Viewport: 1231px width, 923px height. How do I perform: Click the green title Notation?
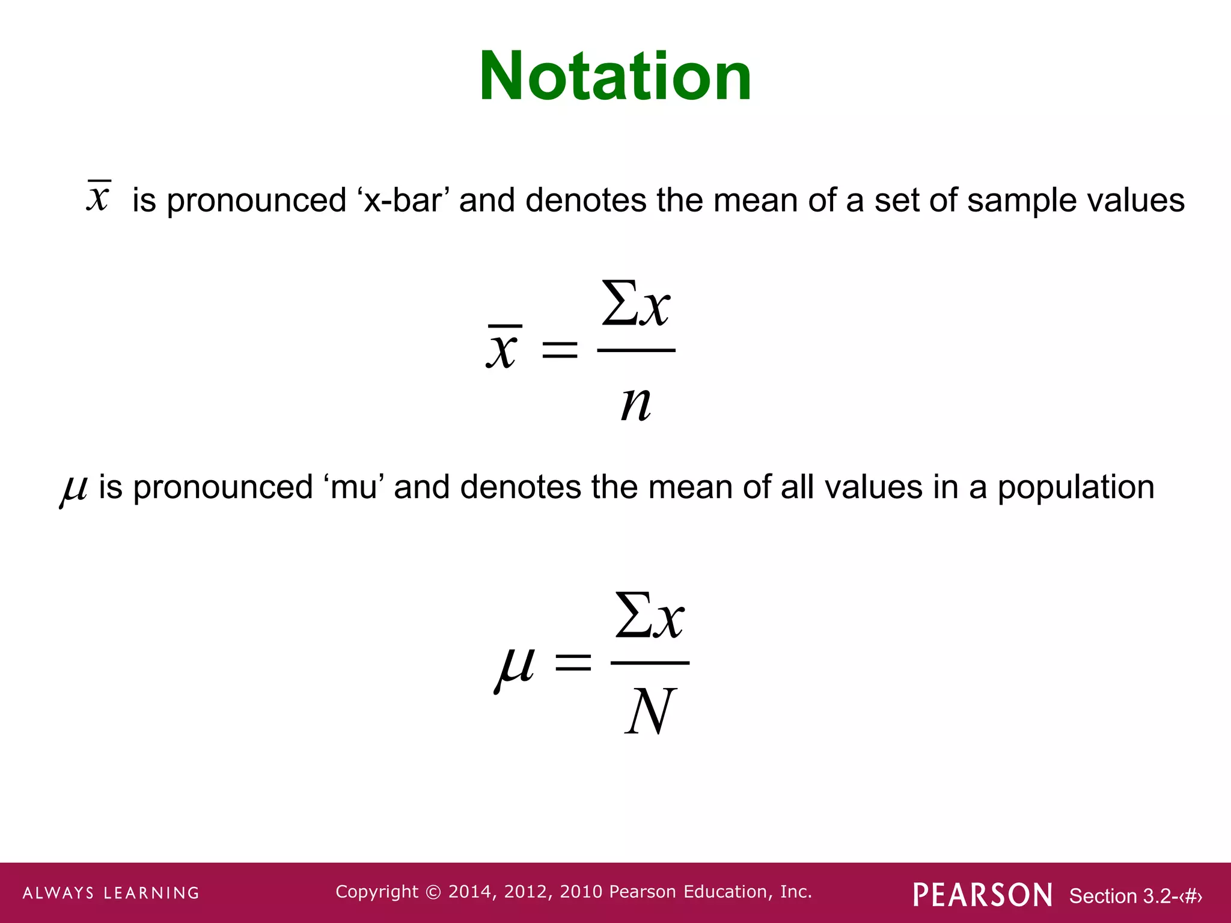click(x=615, y=76)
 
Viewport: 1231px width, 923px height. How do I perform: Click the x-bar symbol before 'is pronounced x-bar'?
click(x=99, y=196)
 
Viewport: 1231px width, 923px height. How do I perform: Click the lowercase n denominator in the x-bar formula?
click(x=636, y=403)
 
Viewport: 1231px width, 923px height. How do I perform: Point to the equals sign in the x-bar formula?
click(x=560, y=350)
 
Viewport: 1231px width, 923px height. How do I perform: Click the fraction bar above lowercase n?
click(x=636, y=350)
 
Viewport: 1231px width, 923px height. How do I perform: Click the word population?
click(x=1076, y=488)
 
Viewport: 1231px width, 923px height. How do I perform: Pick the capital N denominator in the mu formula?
click(x=650, y=711)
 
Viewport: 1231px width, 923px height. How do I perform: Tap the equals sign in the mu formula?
click(x=573, y=663)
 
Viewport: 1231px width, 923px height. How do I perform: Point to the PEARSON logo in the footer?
click(x=982, y=895)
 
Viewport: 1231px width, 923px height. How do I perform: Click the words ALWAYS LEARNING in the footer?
click(x=111, y=893)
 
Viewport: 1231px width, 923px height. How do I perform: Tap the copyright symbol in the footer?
click(x=433, y=892)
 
